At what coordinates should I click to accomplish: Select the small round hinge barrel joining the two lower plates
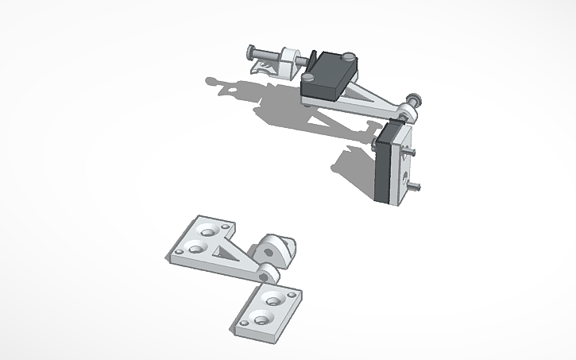coord(268,274)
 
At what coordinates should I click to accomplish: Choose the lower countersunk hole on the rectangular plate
coord(261,319)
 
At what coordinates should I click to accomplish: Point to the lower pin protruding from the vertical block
coord(416,187)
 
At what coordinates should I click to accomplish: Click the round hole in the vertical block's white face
coord(405,171)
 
